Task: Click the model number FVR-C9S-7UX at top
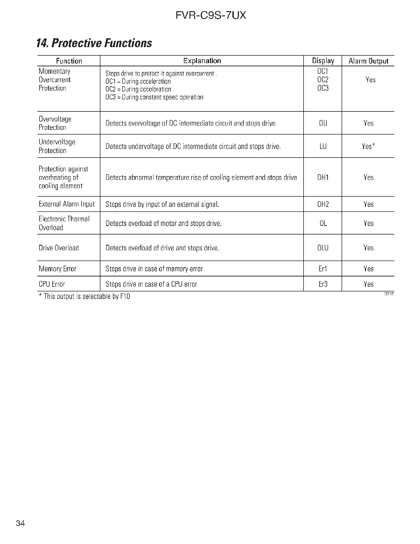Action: coord(210,16)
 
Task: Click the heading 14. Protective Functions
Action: coord(94,43)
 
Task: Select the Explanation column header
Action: coord(202,61)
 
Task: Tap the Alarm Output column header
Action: coord(368,61)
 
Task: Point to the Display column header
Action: coord(323,61)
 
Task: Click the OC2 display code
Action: coord(323,80)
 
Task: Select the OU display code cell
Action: coord(323,123)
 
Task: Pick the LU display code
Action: coord(323,147)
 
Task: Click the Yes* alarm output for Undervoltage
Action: coord(368,147)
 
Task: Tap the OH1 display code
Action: coord(323,177)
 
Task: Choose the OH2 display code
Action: coord(323,205)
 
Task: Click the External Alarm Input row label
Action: coord(66,204)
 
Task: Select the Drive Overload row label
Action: coord(58,248)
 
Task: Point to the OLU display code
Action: coord(323,248)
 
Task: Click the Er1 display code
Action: coord(323,269)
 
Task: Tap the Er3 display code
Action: coord(323,284)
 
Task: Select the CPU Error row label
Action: coord(52,284)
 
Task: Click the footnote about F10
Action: coord(84,297)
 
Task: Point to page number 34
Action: coord(20,523)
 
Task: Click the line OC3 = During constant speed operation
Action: coord(154,97)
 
